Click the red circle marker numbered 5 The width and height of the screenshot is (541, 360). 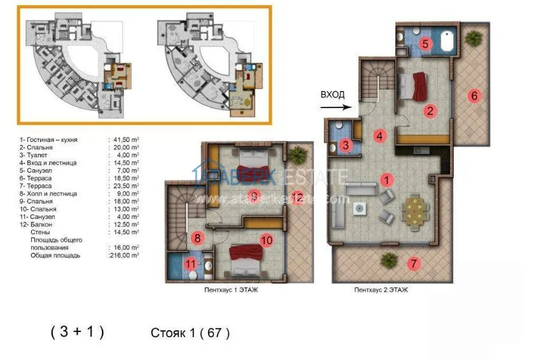point(426,44)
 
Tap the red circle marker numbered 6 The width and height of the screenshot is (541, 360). point(474,96)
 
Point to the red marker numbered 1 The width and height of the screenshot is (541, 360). point(386,180)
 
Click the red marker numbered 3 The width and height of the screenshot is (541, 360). point(345,146)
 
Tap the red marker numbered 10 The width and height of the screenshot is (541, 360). point(267,240)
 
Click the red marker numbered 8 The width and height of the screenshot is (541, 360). point(197,239)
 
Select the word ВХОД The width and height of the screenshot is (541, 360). point(332,94)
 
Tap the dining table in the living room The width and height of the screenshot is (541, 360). point(414,211)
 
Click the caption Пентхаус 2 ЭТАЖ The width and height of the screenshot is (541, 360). point(381,289)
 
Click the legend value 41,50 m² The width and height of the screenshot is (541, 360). point(125,137)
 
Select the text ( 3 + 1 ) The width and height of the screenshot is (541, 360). point(77,331)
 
